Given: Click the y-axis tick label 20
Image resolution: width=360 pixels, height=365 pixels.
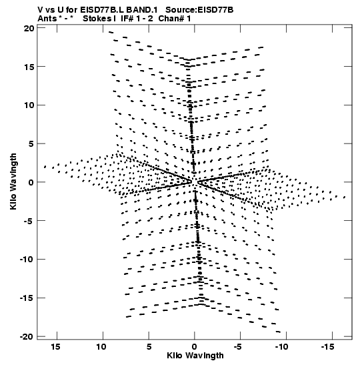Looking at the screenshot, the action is (29, 29).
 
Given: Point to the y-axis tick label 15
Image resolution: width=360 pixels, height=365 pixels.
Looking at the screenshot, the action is (29, 67).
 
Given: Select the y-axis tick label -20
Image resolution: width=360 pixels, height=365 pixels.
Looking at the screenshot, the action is (27, 336).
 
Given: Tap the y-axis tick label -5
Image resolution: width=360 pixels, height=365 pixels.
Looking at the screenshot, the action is (29, 221).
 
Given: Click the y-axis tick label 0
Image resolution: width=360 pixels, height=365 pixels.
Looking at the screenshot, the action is (31, 182).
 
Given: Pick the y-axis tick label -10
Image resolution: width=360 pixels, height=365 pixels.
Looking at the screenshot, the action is (27, 259).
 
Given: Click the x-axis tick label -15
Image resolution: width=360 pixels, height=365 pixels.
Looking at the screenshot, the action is (328, 347).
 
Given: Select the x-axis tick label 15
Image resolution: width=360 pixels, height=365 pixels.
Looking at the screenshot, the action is (55, 347).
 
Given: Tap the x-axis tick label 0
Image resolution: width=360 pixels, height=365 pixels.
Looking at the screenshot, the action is (195, 347).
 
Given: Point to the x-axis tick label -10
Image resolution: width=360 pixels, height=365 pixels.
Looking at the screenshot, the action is (281, 347).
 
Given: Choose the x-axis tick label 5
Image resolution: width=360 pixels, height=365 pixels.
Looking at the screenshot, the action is (149, 347).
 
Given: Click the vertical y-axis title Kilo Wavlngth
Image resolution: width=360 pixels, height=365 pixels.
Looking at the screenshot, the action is (13, 181).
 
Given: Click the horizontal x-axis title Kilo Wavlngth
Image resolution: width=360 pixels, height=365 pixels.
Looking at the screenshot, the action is (195, 356).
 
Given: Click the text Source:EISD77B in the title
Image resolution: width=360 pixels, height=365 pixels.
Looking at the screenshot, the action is (199, 10).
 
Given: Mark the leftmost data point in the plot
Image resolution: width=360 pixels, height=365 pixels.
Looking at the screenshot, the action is (45, 167).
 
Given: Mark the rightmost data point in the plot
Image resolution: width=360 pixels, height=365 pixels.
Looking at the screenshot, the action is (345, 197).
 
